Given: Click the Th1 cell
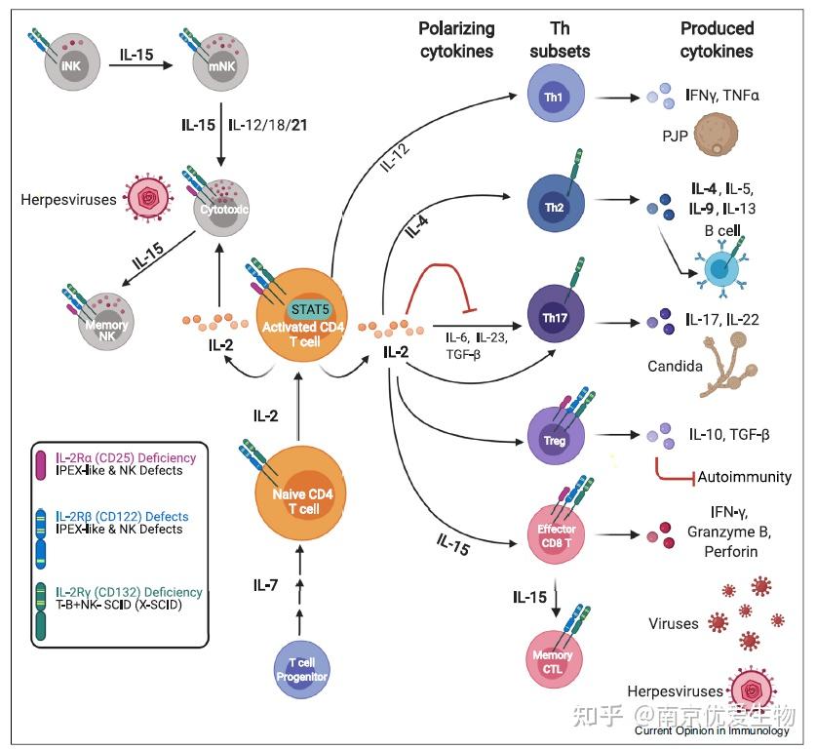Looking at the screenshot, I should [x=553, y=98].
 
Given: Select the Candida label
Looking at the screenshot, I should [x=675, y=368].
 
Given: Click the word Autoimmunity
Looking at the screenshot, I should [x=747, y=477].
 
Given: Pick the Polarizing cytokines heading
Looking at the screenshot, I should [x=456, y=39].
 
